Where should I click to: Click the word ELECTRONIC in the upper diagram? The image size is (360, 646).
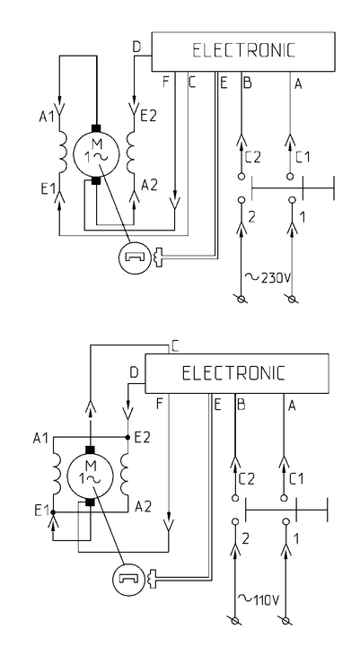point(244,50)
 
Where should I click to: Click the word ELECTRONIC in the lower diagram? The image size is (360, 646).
point(233,373)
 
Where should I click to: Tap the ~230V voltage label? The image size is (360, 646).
point(268,277)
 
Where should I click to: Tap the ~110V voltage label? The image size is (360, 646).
point(259,600)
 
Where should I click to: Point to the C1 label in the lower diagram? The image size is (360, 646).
point(296,479)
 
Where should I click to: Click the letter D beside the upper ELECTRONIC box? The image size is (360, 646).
point(136,48)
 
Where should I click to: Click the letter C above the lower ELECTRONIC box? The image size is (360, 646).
point(175,347)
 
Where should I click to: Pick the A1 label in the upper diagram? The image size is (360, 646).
point(47,117)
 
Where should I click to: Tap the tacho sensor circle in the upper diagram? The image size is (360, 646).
point(132,258)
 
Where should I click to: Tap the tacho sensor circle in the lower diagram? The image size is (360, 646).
point(127,579)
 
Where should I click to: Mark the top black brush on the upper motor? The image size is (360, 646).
point(96,127)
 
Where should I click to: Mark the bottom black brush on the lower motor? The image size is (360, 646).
point(90,502)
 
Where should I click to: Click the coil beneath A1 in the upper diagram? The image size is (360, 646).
point(63,153)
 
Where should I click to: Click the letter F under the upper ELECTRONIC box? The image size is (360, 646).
point(166,83)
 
